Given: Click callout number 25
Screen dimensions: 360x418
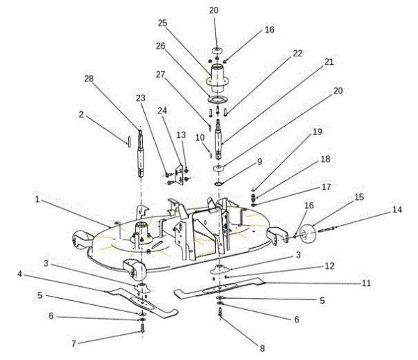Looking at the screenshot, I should (x=162, y=22).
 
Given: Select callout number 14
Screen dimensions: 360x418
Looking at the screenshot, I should (x=397, y=209).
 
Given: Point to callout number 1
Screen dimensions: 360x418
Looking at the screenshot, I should (x=36, y=198).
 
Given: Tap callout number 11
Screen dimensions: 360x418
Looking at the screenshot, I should (x=365, y=283).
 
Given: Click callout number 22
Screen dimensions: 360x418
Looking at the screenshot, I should (x=297, y=53).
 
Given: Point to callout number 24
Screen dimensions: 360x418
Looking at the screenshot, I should (x=162, y=110).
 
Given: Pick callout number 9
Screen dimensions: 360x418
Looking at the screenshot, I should (x=259, y=162).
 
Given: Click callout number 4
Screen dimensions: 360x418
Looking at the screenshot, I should (x=20, y=274).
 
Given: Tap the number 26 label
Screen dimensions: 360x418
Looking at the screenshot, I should (x=162, y=47).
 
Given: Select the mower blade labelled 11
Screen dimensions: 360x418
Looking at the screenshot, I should (x=223, y=286).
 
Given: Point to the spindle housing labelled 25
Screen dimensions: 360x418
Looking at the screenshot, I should (x=219, y=75).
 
